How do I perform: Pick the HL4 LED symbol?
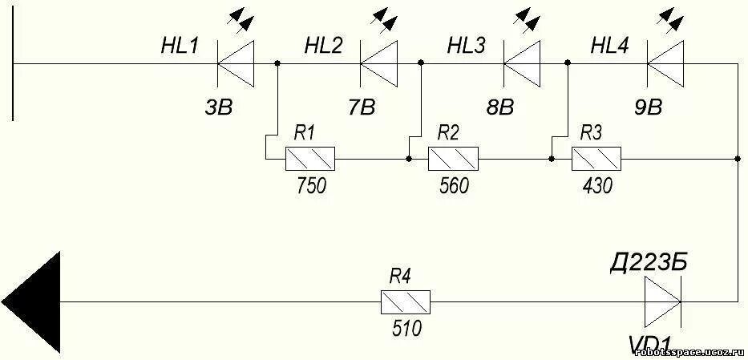click(x=664, y=63)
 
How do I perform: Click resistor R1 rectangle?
click(x=310, y=159)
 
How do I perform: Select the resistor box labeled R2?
click(x=453, y=159)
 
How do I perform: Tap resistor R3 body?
click(x=596, y=159)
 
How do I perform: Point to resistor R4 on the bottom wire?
click(x=405, y=302)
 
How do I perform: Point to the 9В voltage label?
click(x=650, y=107)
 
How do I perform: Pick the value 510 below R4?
click(x=404, y=329)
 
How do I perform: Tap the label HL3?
click(x=466, y=46)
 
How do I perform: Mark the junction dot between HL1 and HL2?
click(x=277, y=63)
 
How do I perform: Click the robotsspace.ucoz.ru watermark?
click(x=690, y=352)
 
